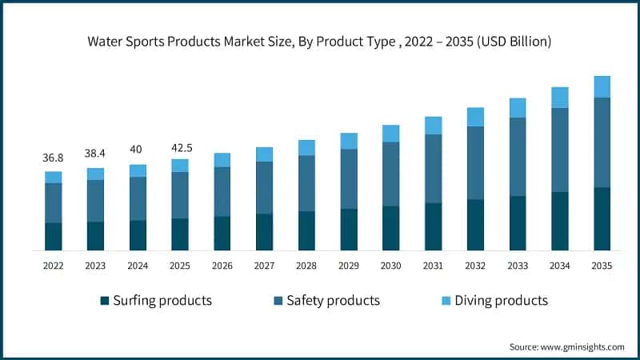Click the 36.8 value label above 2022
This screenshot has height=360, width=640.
[53, 158]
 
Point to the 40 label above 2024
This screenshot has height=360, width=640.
[138, 150]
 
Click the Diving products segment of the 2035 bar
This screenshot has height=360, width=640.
[602, 86]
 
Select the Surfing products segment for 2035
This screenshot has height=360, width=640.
[602, 218]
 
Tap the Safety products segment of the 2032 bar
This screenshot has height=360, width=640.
[475, 162]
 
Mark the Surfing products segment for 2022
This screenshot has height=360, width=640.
[53, 236]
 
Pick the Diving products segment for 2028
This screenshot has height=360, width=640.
[306, 147]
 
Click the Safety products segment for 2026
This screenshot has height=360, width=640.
[222, 191]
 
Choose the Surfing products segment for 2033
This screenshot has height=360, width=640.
[518, 222]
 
